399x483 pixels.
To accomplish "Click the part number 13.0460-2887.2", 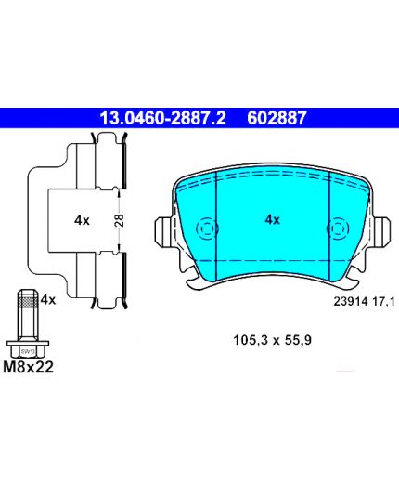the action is click(x=162, y=118).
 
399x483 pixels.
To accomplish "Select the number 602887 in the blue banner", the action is click(x=277, y=118).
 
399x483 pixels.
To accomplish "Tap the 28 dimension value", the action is click(x=120, y=220).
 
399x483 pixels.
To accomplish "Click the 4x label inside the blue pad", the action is click(x=273, y=220).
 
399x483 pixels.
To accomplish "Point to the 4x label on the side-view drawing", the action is click(x=82, y=220).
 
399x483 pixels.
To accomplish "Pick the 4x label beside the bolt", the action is click(x=48, y=300).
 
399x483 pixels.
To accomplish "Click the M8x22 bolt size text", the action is click(x=28, y=367).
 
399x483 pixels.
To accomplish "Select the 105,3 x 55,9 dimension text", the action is click(x=272, y=340).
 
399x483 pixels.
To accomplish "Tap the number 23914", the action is click(x=351, y=301).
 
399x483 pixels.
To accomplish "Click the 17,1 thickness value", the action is click(x=383, y=301).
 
